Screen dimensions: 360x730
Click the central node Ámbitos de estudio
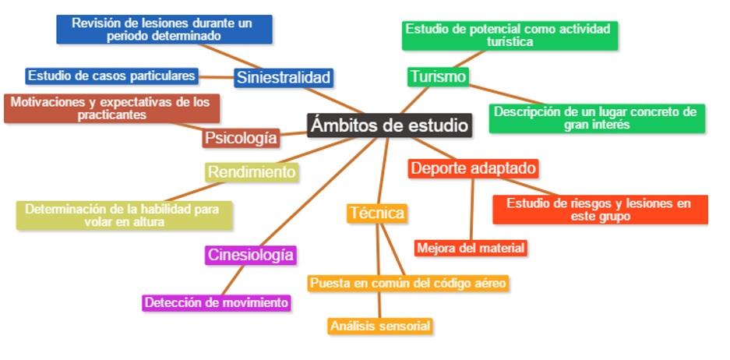(x=390, y=125)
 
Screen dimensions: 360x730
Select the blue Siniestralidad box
(x=284, y=77)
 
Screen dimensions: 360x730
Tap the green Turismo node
(x=438, y=76)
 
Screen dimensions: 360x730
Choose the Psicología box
(x=241, y=138)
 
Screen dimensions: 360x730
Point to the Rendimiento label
(x=252, y=171)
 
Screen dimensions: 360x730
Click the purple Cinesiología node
(x=251, y=255)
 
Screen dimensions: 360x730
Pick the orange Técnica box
(x=376, y=213)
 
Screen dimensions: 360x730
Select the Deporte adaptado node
(x=473, y=168)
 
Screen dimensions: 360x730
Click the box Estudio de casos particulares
(x=111, y=76)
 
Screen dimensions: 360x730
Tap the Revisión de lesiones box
(x=164, y=29)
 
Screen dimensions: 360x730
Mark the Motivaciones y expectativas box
(x=111, y=108)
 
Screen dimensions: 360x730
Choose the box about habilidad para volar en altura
(x=125, y=215)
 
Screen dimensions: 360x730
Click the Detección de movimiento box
(x=217, y=302)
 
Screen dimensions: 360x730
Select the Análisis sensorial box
(x=379, y=326)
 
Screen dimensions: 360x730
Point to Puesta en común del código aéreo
(x=408, y=283)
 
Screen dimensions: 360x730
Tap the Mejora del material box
(x=471, y=248)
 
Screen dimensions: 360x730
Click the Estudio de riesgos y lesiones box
(x=600, y=210)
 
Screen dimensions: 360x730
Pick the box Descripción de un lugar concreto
(x=597, y=118)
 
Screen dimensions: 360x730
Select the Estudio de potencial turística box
(x=510, y=36)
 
